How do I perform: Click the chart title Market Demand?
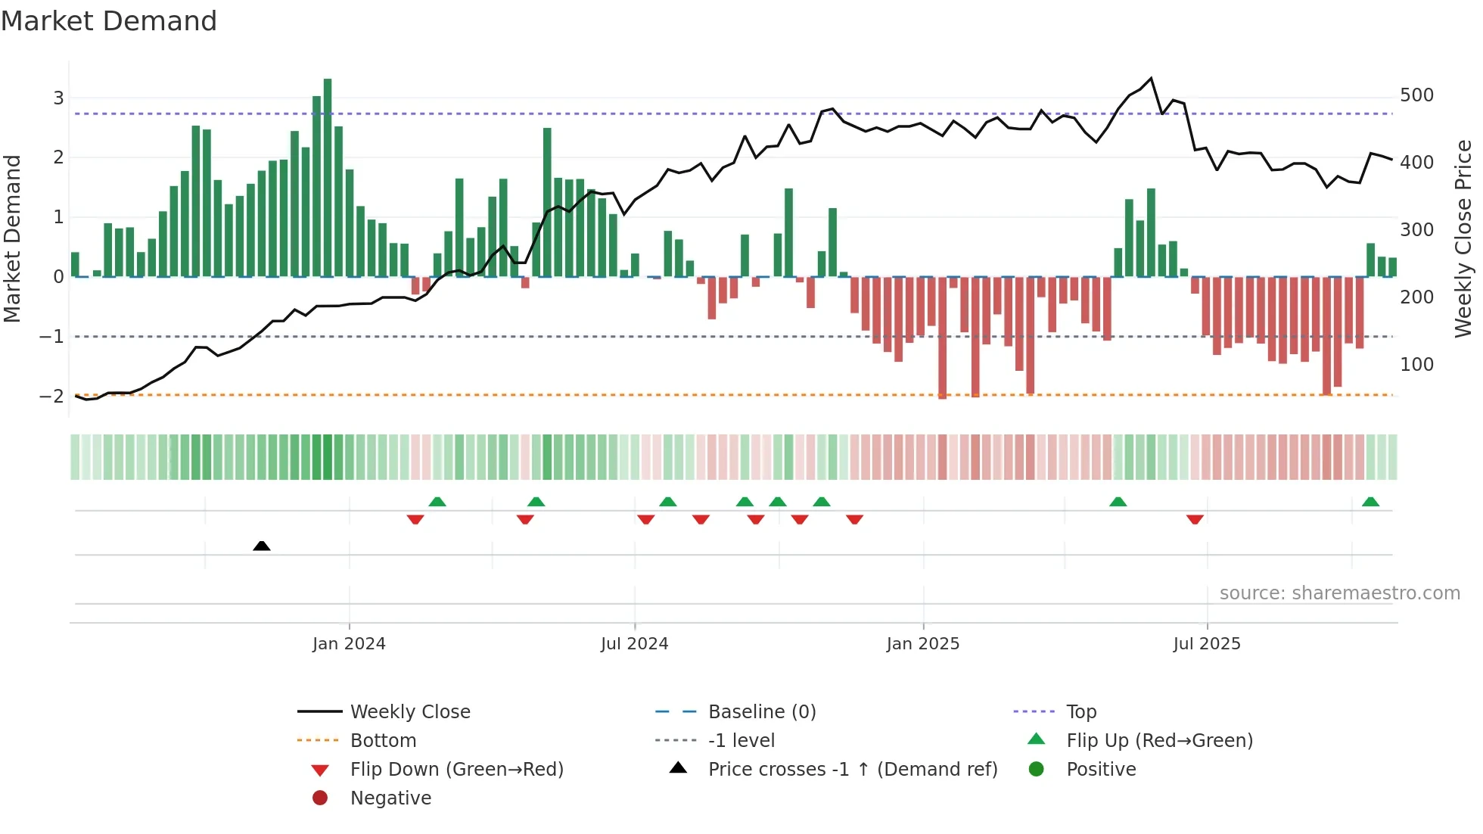109,21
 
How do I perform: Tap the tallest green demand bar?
328,177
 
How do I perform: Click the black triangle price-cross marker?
262,546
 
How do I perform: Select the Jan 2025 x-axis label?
923,644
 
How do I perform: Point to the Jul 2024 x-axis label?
634,644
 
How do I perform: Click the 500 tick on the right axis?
1416,95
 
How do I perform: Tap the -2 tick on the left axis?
52,396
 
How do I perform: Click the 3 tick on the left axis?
58,98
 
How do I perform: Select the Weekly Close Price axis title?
1463,238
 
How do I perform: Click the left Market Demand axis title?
12,238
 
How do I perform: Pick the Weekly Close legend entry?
410,712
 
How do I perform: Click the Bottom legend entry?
383,741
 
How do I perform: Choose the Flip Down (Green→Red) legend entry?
456,770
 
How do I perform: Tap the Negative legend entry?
390,798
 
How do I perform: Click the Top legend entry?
1081,712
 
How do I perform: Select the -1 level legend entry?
741,741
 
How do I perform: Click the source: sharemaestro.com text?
1339,593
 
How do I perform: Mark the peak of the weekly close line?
1151,79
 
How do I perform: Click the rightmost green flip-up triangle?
1370,502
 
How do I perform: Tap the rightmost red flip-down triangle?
1195,519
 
